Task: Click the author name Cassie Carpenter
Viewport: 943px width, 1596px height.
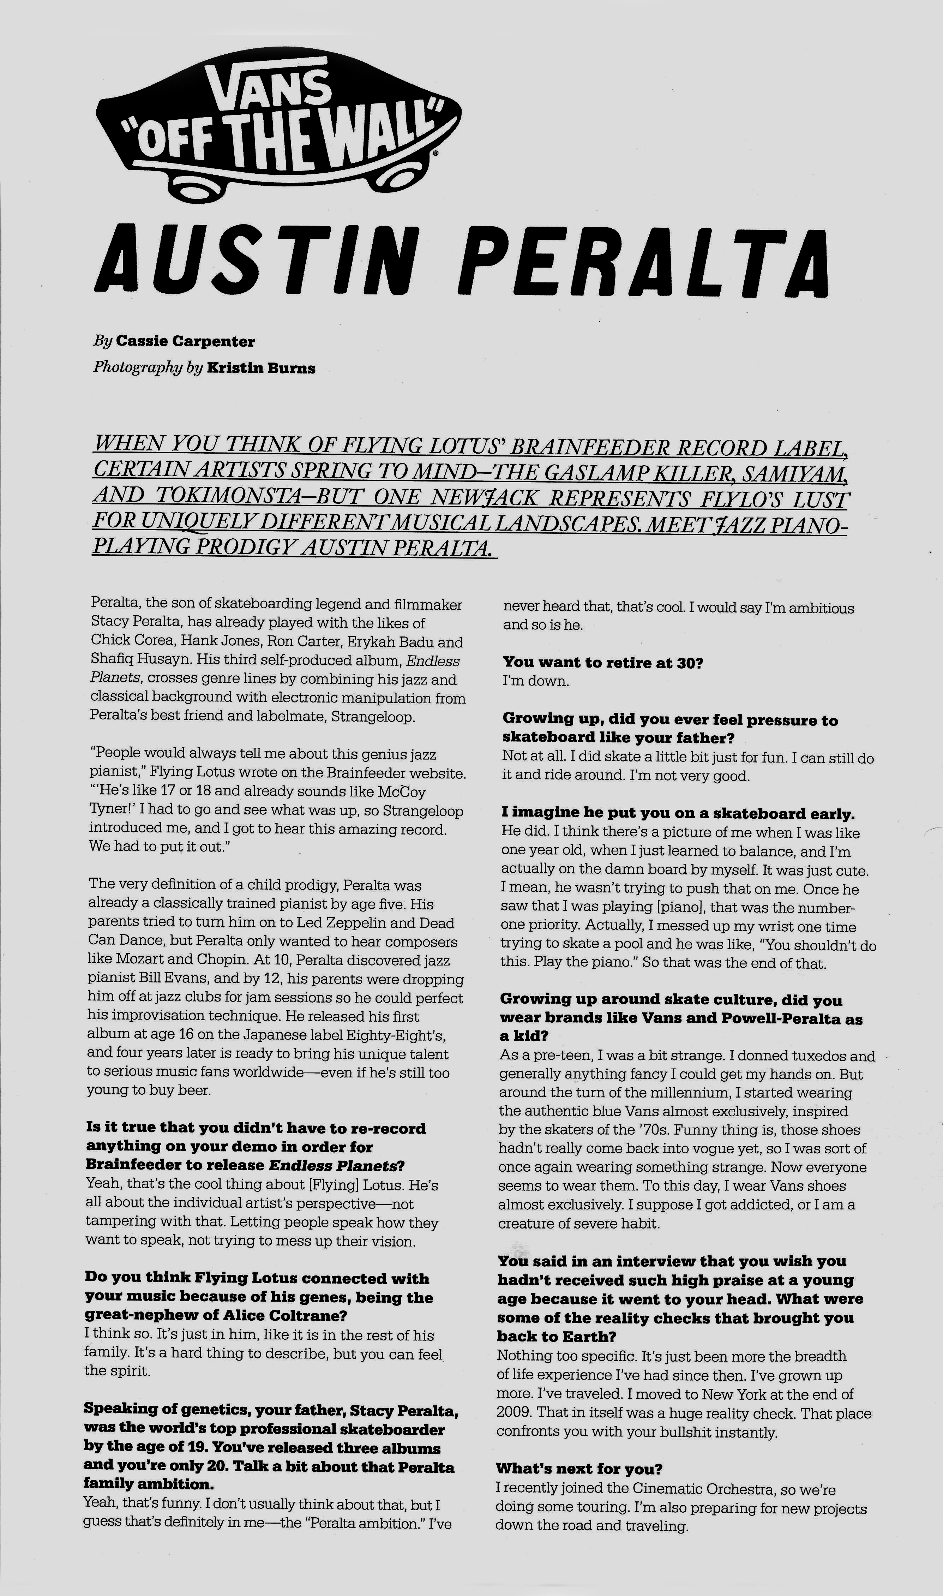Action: coord(186,341)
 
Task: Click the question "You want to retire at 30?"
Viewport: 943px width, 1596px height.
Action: coord(602,662)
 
